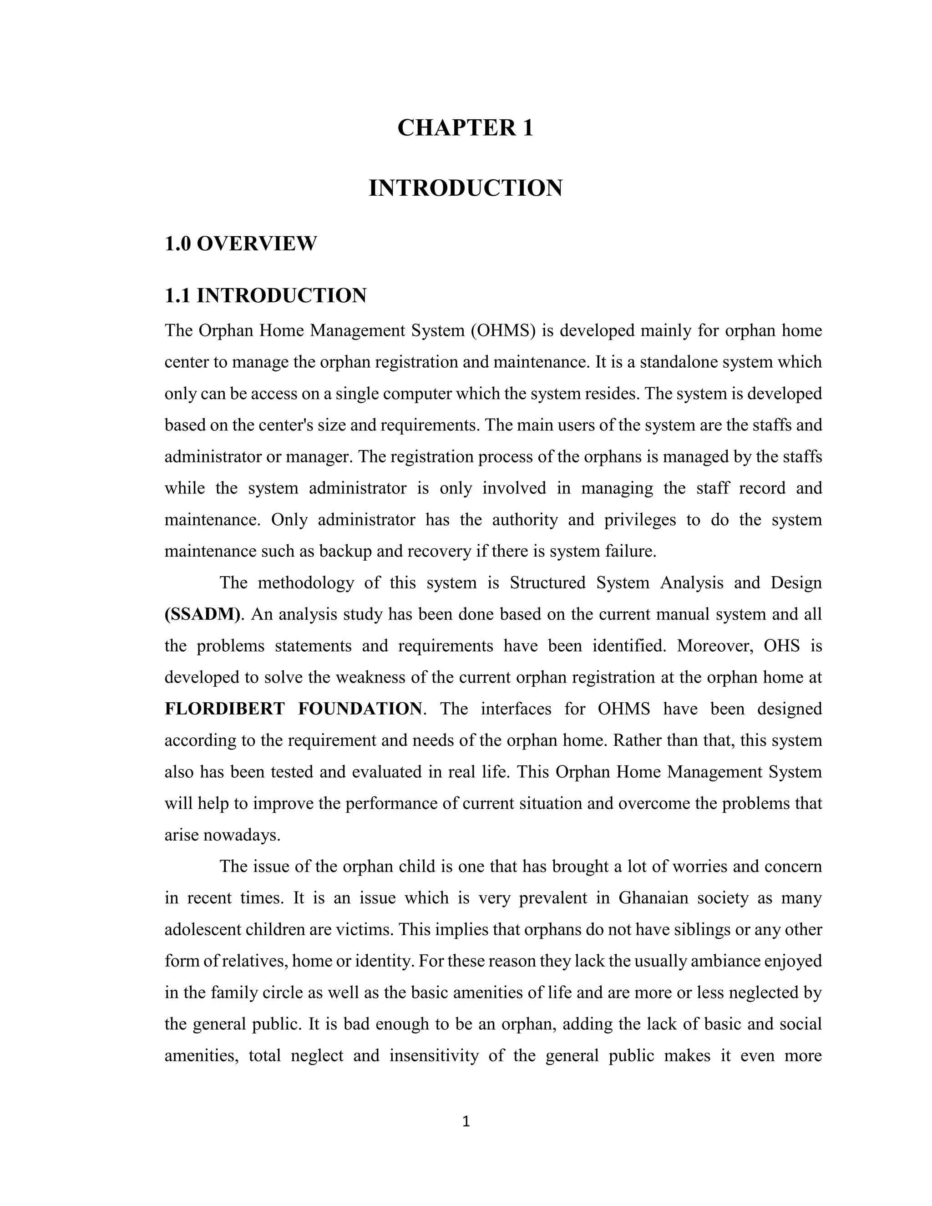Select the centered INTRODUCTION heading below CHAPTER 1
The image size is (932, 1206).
pyautogui.click(x=466, y=188)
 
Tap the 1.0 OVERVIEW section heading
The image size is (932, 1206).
pyautogui.click(x=241, y=243)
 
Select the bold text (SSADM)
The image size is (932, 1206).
pyautogui.click(x=203, y=614)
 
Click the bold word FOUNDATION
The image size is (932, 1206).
pyautogui.click(x=360, y=709)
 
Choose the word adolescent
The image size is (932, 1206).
pyautogui.click(x=203, y=929)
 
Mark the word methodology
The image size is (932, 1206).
pyautogui.click(x=306, y=583)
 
